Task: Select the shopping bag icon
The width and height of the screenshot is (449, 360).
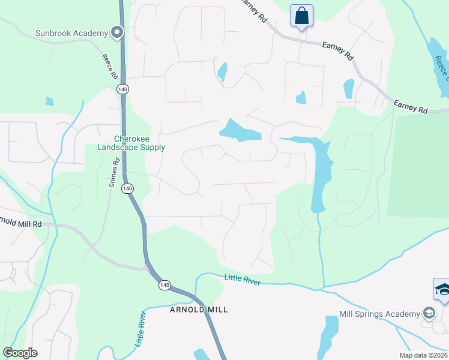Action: click(x=301, y=16)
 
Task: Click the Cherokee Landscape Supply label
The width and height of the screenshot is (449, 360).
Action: click(x=131, y=142)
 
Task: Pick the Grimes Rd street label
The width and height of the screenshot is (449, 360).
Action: click(x=112, y=173)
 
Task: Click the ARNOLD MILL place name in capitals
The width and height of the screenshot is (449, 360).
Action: click(x=200, y=310)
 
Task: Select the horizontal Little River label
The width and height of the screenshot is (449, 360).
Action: click(x=243, y=279)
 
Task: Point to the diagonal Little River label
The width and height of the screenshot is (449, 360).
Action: click(x=141, y=329)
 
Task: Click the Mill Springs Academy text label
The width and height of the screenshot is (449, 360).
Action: click(x=379, y=314)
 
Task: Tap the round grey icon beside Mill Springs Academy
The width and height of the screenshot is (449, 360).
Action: click(x=429, y=313)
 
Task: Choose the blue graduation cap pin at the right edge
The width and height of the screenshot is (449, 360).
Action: click(x=442, y=289)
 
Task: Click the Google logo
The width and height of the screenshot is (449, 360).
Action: click(x=20, y=353)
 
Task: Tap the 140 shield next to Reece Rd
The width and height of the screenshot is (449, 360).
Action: click(x=122, y=89)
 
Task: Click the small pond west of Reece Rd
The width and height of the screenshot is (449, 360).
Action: click(x=49, y=101)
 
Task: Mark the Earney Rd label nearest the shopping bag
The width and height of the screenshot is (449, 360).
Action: click(x=254, y=10)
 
